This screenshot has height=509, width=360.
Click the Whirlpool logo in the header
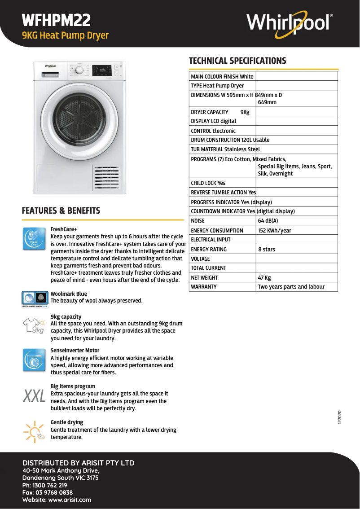click(x=290, y=22)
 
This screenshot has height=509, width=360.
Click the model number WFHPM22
click(x=57, y=20)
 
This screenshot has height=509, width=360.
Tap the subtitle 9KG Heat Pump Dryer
click(x=66, y=35)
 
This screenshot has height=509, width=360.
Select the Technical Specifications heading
click(x=237, y=61)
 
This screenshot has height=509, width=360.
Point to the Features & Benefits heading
click(x=61, y=211)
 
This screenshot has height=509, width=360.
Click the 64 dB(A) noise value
click(x=268, y=221)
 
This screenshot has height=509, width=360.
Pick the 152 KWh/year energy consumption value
click(x=274, y=230)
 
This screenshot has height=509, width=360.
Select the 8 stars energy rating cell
click(x=267, y=249)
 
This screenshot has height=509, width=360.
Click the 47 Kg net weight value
click(x=264, y=278)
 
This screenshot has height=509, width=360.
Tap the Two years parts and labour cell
click(x=291, y=287)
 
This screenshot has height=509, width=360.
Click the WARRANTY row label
click(x=204, y=287)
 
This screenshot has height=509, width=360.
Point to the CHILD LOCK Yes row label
click(x=208, y=183)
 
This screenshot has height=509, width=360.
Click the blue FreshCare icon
click(x=34, y=238)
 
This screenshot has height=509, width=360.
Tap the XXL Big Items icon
click(x=35, y=396)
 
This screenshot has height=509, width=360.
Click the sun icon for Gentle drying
click(x=34, y=431)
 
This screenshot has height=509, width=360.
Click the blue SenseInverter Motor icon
click(x=34, y=360)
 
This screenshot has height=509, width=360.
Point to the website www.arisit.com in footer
click(x=57, y=500)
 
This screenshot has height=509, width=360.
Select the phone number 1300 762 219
click(x=44, y=485)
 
